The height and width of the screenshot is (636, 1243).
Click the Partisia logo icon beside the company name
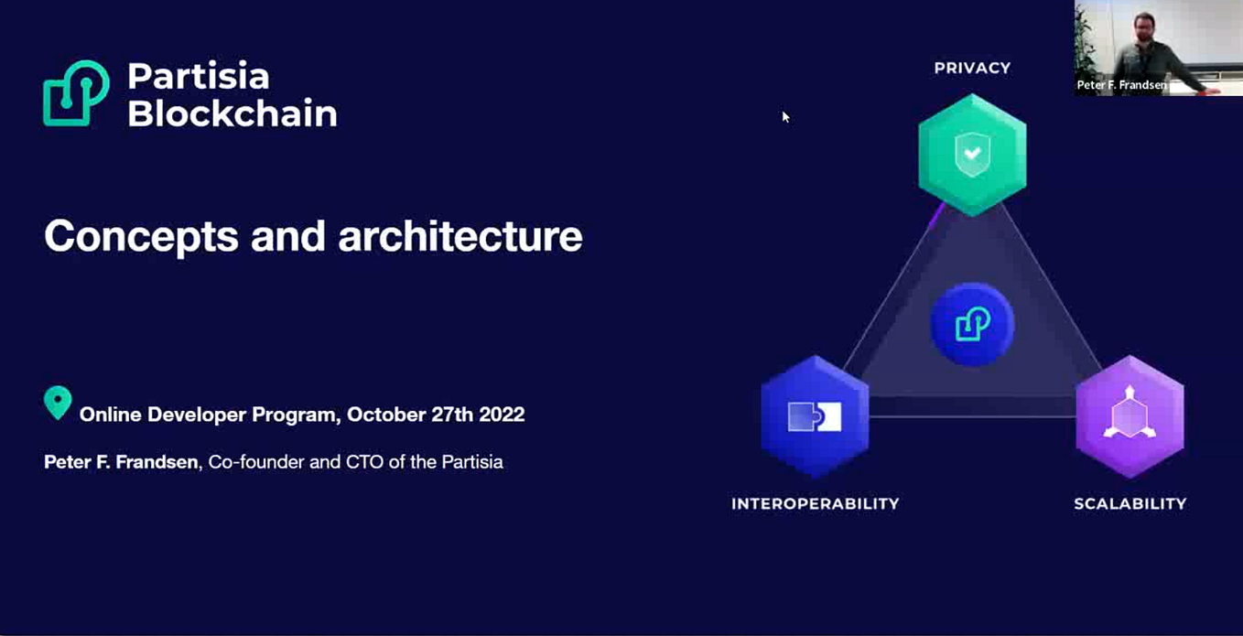(x=76, y=93)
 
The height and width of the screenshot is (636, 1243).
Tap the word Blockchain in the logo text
(x=232, y=113)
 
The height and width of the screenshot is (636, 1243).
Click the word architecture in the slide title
(x=460, y=236)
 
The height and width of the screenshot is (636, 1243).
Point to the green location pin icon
(x=58, y=403)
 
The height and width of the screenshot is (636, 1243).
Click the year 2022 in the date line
(x=501, y=415)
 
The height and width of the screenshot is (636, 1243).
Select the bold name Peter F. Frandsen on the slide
(x=121, y=462)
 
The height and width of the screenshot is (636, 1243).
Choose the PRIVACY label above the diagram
(x=972, y=68)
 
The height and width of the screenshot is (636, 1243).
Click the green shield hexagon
(x=972, y=155)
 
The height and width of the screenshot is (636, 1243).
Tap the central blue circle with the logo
(x=972, y=325)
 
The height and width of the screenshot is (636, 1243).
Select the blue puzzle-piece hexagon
(x=815, y=416)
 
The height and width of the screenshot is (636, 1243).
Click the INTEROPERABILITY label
(x=815, y=503)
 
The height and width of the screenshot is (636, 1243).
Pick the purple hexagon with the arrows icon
(x=1130, y=416)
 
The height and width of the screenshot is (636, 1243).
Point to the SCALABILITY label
(x=1130, y=503)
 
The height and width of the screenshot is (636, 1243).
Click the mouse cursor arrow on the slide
(x=785, y=116)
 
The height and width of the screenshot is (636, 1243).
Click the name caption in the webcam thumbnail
(x=1121, y=85)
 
